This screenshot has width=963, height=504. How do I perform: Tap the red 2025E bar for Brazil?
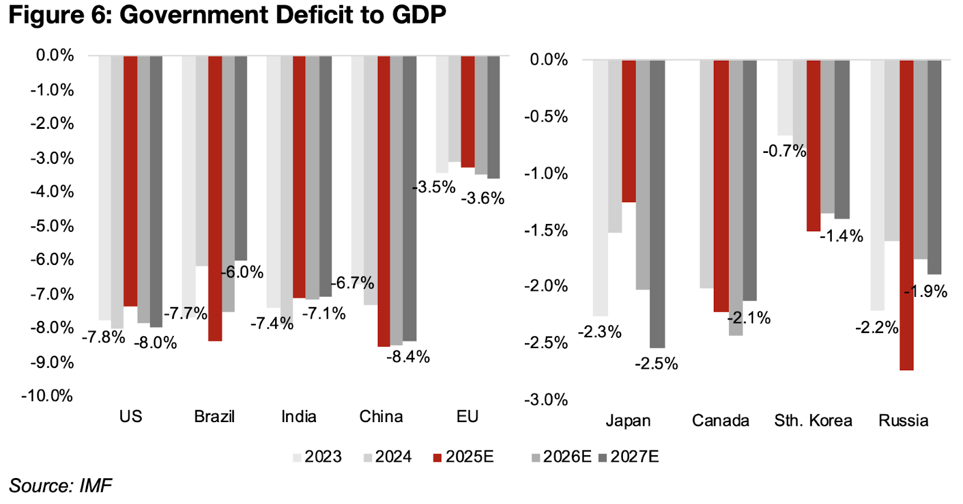215,198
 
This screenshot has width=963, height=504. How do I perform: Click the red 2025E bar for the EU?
468,111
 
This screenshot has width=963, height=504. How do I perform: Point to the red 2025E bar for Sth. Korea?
813,145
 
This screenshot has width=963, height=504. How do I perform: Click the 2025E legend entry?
463,457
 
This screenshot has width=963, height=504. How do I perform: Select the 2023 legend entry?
317,457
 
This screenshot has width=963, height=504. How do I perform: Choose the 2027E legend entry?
629,457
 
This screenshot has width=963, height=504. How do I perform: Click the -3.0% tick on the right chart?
546,400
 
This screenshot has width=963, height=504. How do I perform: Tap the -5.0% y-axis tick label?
52,226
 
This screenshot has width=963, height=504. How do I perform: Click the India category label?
299,417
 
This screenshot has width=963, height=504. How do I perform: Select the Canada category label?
720,420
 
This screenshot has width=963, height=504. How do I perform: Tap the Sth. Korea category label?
813,420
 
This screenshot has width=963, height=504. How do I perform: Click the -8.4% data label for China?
408,357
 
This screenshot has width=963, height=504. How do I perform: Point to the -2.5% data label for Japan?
656,364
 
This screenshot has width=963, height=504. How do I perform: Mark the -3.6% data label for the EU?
483,198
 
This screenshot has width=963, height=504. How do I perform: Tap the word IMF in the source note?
95,486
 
